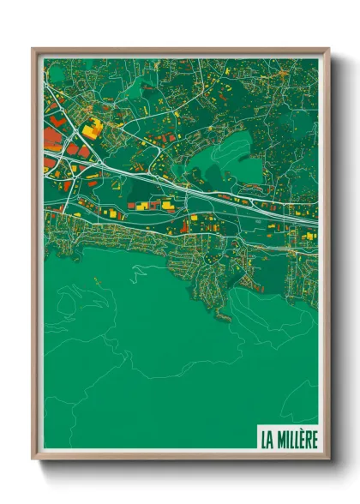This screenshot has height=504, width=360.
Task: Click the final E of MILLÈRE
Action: click(313, 440)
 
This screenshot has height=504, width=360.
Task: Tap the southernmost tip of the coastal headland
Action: click(225, 320)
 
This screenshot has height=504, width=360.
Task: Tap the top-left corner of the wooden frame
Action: click(33, 49)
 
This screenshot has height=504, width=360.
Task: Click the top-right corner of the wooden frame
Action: click(328, 49)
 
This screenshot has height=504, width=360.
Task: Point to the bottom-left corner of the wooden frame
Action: click(33, 459)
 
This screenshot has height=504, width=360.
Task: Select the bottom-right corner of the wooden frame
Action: click(328, 459)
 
